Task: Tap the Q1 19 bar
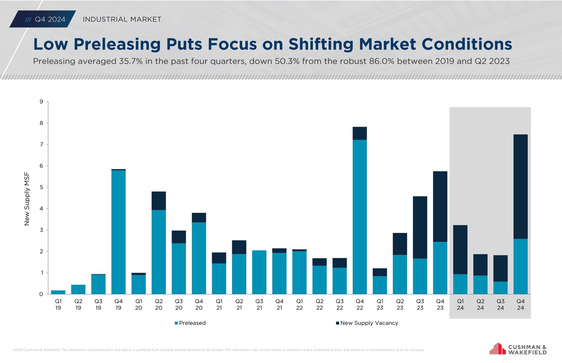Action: (x=58, y=292)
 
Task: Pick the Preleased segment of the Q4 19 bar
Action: (x=118, y=232)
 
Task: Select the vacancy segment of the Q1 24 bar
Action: (x=460, y=249)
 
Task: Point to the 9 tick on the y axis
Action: (x=41, y=102)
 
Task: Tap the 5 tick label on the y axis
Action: (x=41, y=187)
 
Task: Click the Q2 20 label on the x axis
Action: (x=159, y=304)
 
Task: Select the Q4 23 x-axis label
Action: (x=440, y=304)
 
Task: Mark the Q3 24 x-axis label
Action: (x=501, y=304)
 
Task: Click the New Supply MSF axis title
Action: (x=27, y=199)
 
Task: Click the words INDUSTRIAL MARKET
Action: (x=122, y=19)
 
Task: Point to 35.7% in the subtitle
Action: (x=131, y=61)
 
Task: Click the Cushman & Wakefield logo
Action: (x=518, y=349)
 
